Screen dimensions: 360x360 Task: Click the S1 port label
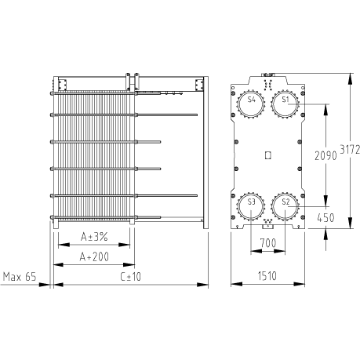pos(285,100)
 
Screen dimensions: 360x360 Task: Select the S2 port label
pos(286,202)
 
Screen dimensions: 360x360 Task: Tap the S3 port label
pos(251,202)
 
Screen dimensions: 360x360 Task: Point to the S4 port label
pos(252,100)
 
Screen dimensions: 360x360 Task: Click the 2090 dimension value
pos(325,155)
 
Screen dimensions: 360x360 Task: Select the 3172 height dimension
pos(350,149)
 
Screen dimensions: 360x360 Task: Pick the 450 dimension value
pos(325,217)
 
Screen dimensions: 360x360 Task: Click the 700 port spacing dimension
pos(268,243)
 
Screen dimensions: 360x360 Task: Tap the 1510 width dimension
pos(267,276)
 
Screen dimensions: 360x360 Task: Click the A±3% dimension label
pos(94,237)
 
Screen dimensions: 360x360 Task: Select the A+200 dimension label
pos(94,256)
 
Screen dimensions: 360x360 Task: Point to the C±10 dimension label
pos(131,276)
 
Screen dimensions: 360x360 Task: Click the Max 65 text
pos(20,276)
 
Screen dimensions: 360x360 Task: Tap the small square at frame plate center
pos(267,155)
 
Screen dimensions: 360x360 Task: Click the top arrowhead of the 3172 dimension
pos(350,78)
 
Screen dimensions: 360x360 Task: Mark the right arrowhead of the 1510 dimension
pos(300,284)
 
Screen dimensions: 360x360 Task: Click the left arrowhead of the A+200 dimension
pos(58,265)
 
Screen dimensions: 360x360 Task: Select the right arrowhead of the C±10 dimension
pos(203,285)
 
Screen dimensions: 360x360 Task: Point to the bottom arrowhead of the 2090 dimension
pos(325,201)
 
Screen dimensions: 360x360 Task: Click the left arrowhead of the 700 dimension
pos(256,251)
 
